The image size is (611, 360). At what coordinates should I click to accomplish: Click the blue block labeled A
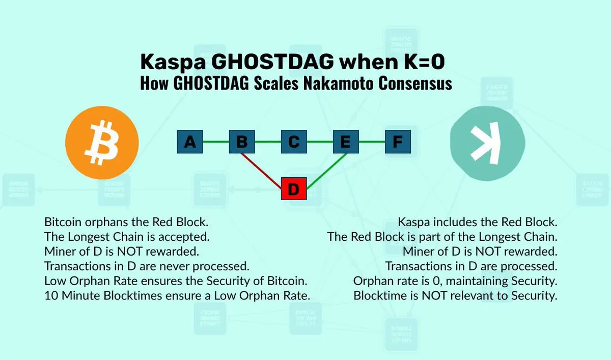(x=190, y=142)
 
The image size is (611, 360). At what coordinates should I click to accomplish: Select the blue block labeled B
(x=242, y=142)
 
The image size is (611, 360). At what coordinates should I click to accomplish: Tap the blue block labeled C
(x=294, y=142)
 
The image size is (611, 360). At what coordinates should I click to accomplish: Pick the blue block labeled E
(x=346, y=142)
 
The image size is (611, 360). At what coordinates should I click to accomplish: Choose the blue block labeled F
(x=398, y=142)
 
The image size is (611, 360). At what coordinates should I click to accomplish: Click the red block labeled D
(x=294, y=189)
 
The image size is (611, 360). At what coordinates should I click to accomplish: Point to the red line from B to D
(x=261, y=171)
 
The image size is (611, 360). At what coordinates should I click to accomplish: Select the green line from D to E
(x=327, y=171)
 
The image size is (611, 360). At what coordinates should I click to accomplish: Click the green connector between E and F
(x=372, y=142)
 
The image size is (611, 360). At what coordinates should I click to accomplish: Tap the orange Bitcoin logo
(x=102, y=143)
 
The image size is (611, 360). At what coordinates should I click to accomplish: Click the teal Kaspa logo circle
(x=487, y=144)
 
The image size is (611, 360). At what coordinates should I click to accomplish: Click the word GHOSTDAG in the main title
(x=272, y=62)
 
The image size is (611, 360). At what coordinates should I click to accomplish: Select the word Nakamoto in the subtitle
(x=338, y=83)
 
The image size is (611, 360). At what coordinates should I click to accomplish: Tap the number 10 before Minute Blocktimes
(x=51, y=296)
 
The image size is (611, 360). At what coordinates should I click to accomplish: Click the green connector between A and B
(x=216, y=142)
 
